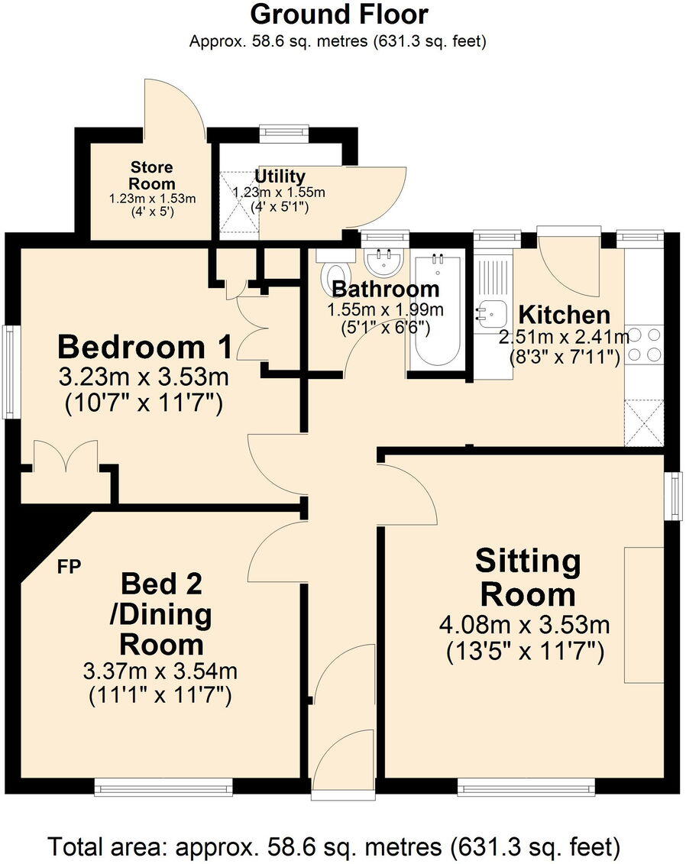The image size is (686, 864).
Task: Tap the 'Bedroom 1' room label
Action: pyautogui.click(x=145, y=348)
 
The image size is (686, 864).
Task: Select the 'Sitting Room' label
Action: pyautogui.click(x=527, y=578)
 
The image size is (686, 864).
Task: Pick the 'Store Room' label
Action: pyautogui.click(x=152, y=176)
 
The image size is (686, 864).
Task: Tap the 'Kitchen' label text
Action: pyautogui.click(x=564, y=315)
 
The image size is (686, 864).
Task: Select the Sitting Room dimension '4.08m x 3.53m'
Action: pyautogui.click(x=524, y=626)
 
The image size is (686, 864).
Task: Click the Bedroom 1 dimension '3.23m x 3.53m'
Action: pyautogui.click(x=144, y=377)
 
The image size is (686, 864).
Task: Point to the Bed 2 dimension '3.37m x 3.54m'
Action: pyautogui.click(x=160, y=672)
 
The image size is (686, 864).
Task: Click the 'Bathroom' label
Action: pyautogui.click(x=385, y=290)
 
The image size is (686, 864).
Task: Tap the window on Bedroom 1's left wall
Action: pyautogui.click(x=10, y=371)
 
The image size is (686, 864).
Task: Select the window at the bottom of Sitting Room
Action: pyautogui.click(x=526, y=787)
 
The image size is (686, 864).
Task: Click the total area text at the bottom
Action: pyautogui.click(x=334, y=846)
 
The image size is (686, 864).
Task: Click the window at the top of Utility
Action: pyautogui.click(x=284, y=132)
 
